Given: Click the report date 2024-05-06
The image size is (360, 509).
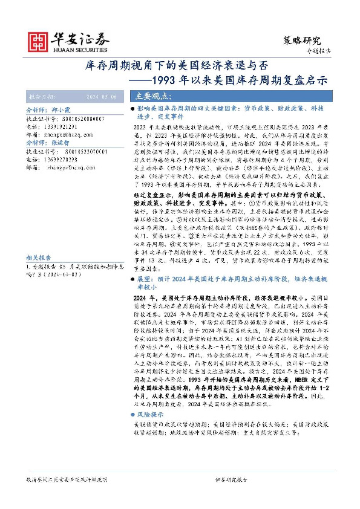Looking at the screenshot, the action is (106, 97).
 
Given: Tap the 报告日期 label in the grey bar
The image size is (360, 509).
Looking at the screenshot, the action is (42, 97).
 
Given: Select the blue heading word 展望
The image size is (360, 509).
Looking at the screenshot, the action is (145, 279).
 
